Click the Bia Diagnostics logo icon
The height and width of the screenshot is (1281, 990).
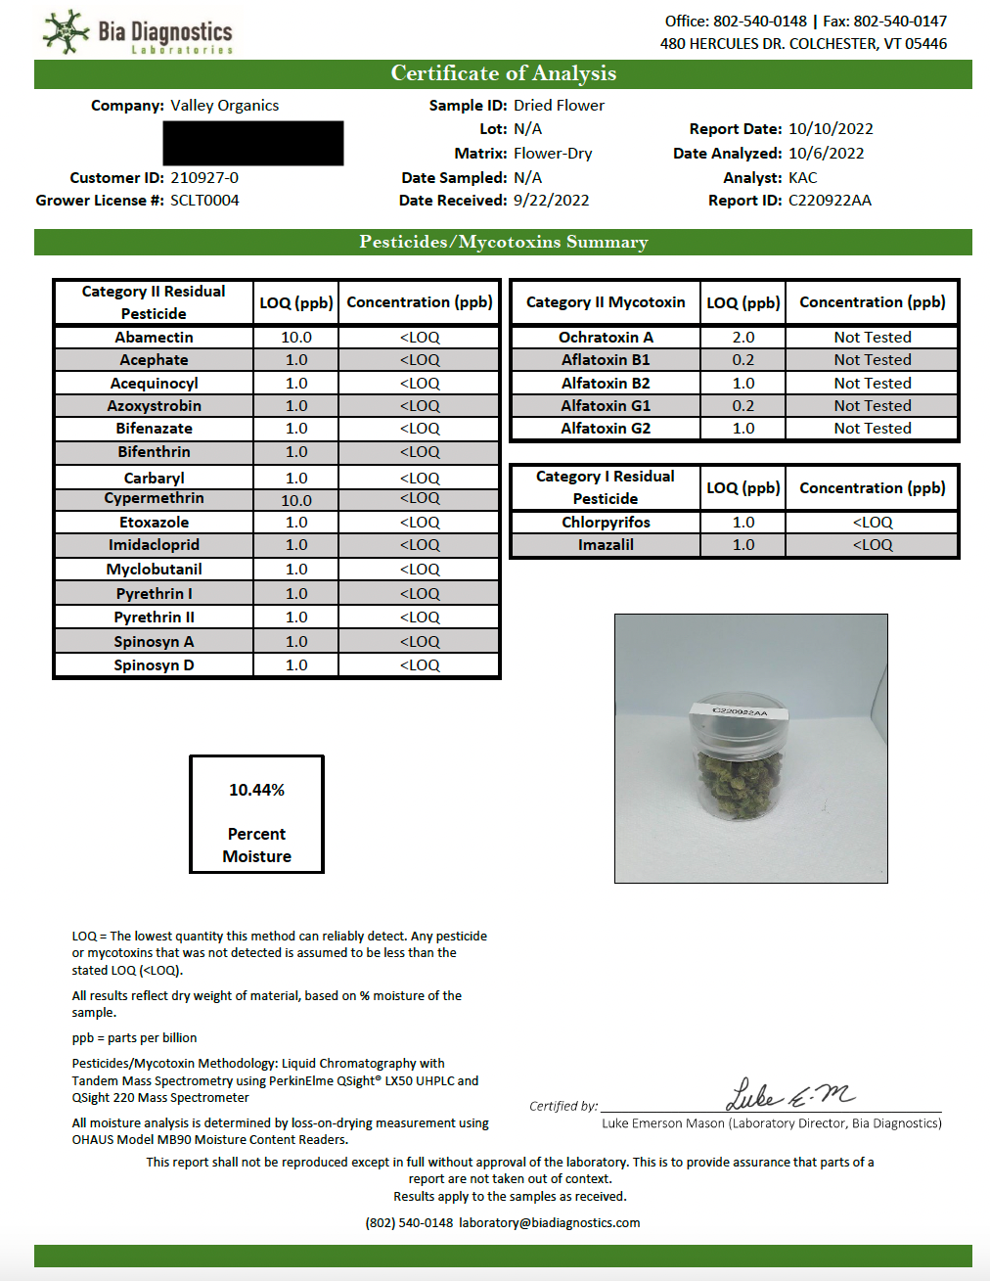point(66,31)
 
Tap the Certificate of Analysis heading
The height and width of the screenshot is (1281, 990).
point(503,73)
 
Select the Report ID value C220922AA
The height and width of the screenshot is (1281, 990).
point(830,201)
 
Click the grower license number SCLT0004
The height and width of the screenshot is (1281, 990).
point(204,201)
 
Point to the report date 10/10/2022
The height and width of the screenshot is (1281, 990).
point(831,129)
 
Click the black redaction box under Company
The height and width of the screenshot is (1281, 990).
point(253,143)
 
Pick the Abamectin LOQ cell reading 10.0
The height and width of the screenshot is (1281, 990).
point(296,338)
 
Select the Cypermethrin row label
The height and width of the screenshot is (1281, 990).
point(154,498)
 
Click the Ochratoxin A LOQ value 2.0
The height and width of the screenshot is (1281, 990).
point(743,338)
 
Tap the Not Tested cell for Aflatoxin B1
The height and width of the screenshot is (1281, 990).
point(872,360)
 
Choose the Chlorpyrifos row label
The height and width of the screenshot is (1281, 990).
point(606,523)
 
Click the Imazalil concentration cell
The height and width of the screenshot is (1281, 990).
point(872,545)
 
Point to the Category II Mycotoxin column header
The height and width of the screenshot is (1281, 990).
point(606,302)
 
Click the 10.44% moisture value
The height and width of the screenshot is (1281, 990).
point(256,790)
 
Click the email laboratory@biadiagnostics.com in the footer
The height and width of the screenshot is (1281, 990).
point(549,1223)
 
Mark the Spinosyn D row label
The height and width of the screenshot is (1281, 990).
point(154,665)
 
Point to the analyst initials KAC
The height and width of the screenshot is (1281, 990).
point(802,178)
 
